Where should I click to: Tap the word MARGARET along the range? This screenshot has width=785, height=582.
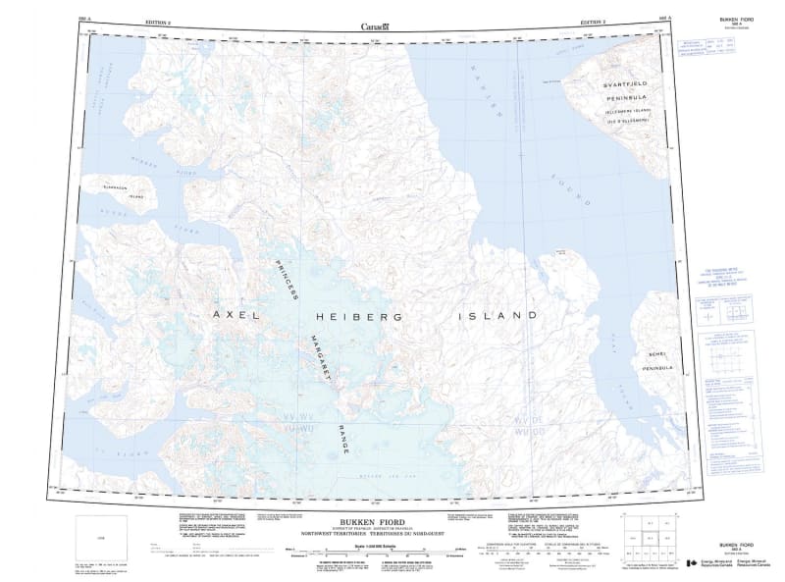(320, 356)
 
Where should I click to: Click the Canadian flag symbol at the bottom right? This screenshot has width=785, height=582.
(693, 564)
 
